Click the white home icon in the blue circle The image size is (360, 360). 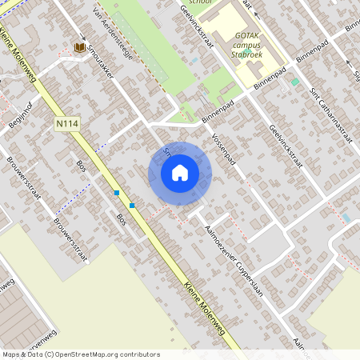(x=180, y=173)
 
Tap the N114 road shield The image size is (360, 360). (x=66, y=124)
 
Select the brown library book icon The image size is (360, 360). (x=79, y=47)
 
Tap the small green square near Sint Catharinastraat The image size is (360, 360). (x=295, y=82)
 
